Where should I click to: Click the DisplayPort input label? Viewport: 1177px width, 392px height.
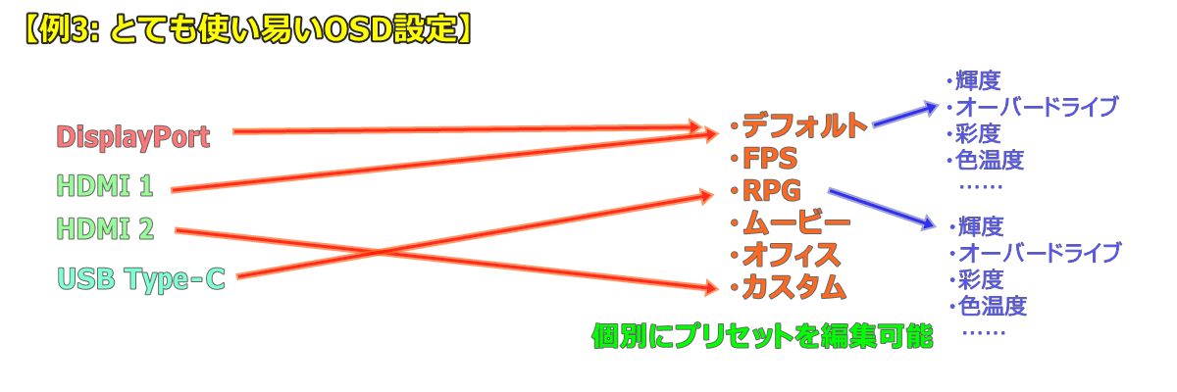click(133, 137)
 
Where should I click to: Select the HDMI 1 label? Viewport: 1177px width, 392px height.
click(104, 184)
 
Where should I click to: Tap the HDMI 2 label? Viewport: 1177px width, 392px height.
click(105, 230)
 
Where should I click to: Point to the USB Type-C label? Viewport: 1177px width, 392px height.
click(142, 279)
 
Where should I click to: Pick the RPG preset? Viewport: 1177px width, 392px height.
click(772, 190)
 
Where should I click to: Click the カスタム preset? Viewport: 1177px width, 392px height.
click(793, 287)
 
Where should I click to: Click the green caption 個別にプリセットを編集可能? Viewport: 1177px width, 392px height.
click(761, 337)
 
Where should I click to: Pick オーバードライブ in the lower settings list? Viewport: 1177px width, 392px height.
click(1038, 253)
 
